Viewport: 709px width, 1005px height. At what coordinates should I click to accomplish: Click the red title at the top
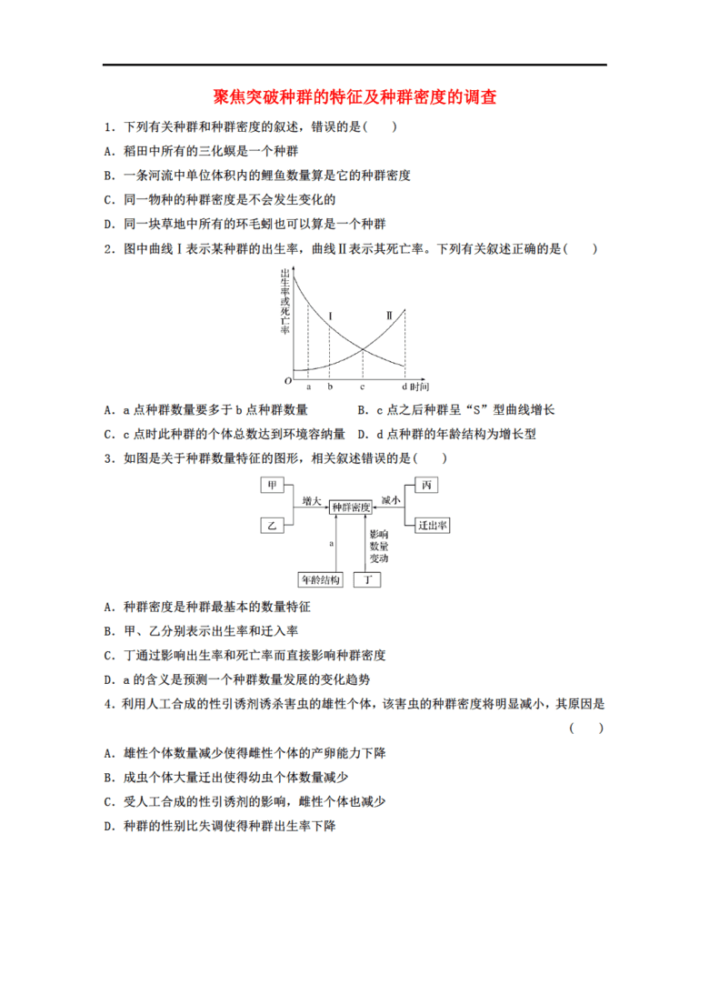point(354,96)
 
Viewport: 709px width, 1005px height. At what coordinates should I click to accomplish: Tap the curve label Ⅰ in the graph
point(331,316)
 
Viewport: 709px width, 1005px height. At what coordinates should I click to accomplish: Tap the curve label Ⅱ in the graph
point(389,316)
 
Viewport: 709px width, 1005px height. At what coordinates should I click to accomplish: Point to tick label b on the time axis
point(330,387)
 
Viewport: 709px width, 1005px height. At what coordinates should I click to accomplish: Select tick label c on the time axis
point(362,387)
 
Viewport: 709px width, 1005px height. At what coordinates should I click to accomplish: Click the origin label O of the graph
point(288,381)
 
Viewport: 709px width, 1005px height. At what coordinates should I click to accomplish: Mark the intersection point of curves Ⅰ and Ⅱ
point(363,348)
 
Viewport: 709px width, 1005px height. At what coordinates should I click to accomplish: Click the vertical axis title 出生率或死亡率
point(285,302)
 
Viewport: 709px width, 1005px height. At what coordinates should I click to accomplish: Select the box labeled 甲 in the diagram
point(272,485)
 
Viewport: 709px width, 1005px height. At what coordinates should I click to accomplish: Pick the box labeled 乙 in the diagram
point(272,526)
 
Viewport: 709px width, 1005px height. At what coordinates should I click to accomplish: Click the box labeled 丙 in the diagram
point(426,485)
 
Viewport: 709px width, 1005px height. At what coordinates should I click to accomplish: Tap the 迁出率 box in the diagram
point(433,526)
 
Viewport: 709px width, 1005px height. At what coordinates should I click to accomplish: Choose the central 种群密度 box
point(351,507)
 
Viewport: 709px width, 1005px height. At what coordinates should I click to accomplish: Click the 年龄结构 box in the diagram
point(320,580)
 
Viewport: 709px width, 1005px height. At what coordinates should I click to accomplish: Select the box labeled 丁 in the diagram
point(367,580)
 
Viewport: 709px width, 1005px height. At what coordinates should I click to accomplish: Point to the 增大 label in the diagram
point(311,500)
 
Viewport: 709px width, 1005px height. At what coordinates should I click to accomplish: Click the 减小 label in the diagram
point(391,500)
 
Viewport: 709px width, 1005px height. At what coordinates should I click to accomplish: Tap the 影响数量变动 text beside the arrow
point(379,546)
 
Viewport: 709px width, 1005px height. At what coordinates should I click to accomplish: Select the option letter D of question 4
point(108,826)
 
